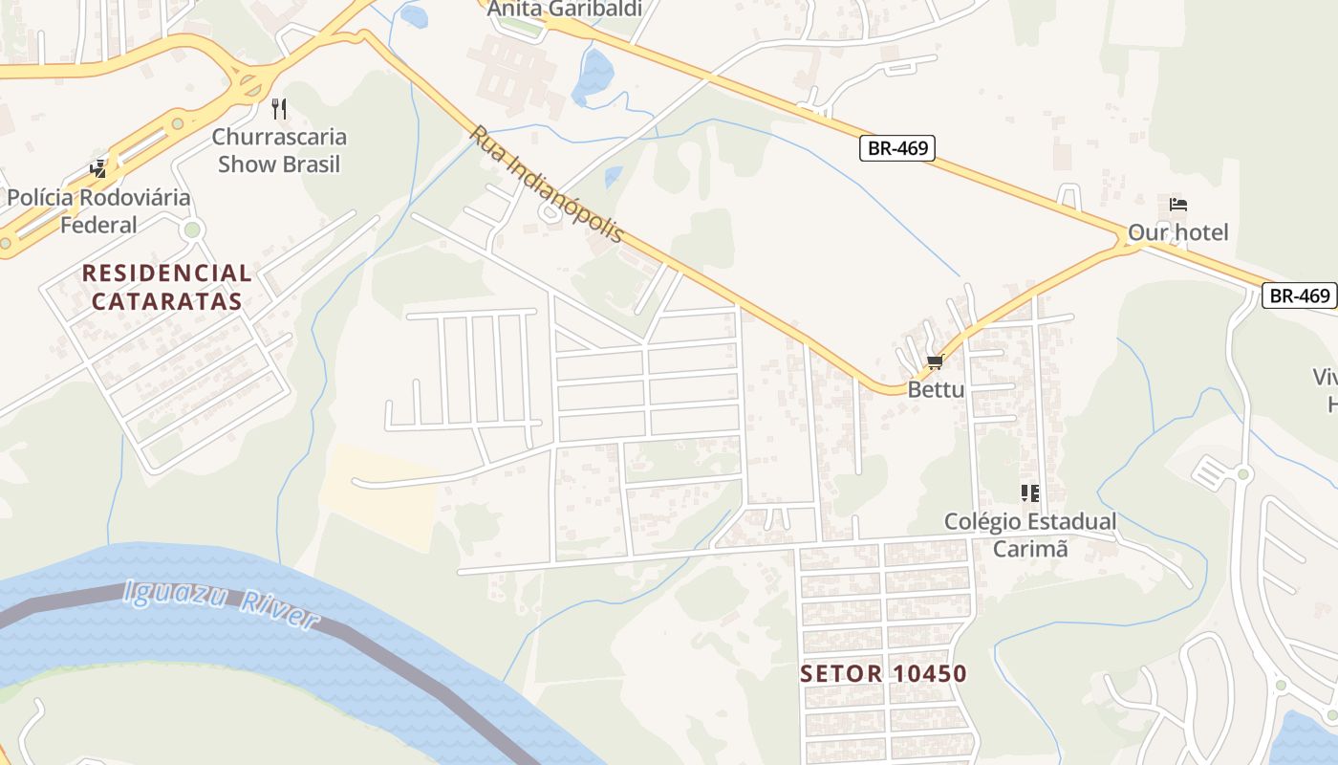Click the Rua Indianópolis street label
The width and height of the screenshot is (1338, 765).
coord(546,184)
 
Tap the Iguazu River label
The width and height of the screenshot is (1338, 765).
coord(221,606)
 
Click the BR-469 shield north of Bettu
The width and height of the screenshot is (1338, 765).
coord(896,148)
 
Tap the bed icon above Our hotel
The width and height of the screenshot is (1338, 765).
coord(1177,205)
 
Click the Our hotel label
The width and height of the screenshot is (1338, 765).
coord(1177,232)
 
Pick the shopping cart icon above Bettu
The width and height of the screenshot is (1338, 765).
coord(935,362)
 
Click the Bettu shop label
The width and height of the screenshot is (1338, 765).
coord(936,389)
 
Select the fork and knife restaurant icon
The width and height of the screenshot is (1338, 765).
coord(279,108)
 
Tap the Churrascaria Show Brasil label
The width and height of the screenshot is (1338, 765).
coord(279,150)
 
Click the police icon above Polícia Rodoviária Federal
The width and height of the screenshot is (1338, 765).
coord(98,169)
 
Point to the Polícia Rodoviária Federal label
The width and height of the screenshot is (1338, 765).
coord(98,211)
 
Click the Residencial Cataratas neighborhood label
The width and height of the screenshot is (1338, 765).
coord(167,287)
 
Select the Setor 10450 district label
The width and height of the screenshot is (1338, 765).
coord(883,673)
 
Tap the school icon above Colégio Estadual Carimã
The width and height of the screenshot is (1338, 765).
coord(1029,493)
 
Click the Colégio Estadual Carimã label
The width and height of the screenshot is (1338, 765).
coord(1029,535)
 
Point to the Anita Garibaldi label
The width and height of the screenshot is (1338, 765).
coord(563,10)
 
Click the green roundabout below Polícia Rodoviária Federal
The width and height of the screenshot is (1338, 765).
coord(193,229)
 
